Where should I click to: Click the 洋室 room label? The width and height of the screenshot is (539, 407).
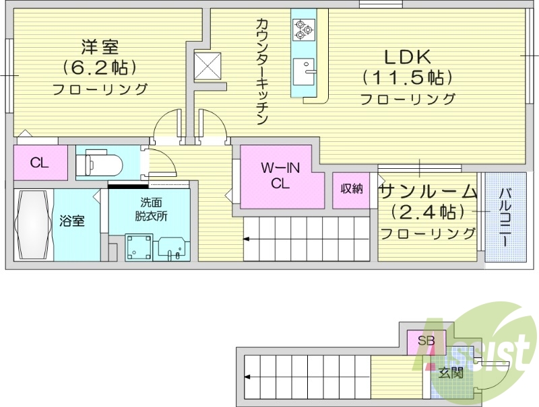(x=100, y=47)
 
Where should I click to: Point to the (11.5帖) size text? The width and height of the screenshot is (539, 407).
(x=407, y=77)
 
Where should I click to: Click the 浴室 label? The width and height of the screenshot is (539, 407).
(x=71, y=220)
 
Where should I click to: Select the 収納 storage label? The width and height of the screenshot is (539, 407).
(x=351, y=188)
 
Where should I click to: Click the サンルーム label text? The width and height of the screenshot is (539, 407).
(x=428, y=192)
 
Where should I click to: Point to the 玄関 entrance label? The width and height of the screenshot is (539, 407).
(x=451, y=373)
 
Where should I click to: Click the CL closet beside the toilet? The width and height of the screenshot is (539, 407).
(x=39, y=162)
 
